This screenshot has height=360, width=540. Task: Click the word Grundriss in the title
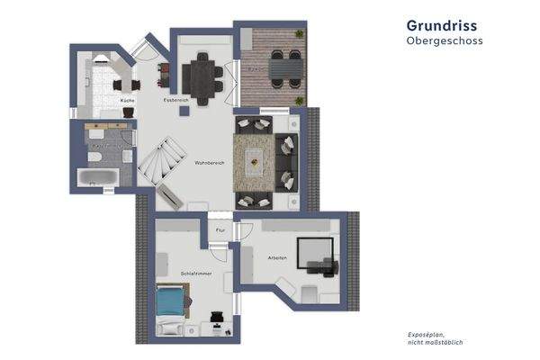click(442, 26)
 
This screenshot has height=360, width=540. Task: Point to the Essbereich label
click(175, 99)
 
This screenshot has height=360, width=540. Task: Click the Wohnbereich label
click(209, 163)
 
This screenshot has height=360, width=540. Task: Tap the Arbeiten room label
click(276, 258)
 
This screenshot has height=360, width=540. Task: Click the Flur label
click(220, 231)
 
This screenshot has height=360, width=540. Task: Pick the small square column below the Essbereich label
click(184, 111)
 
